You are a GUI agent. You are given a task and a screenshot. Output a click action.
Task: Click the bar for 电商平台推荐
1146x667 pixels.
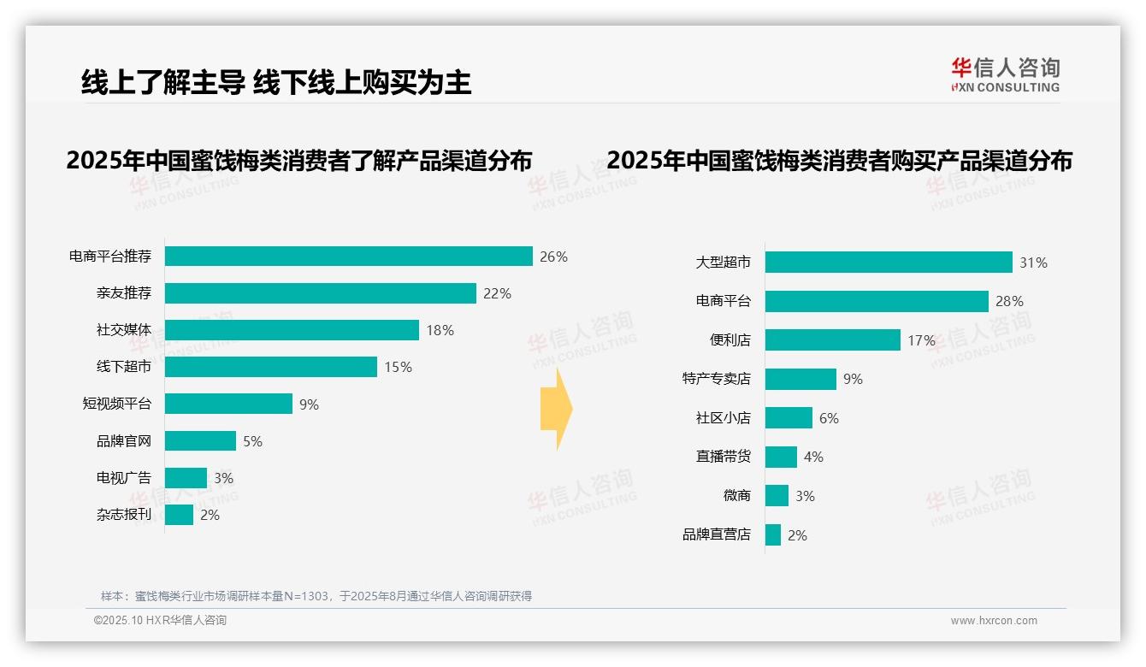pyautogui.click(x=349, y=257)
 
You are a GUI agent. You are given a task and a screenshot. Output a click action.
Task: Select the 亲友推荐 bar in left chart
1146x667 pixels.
pyautogui.click(x=320, y=293)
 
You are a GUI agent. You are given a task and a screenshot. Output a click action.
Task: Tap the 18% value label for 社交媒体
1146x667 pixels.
pyautogui.click(x=440, y=330)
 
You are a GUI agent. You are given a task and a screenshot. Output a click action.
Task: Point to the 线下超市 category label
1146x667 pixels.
pyautogui.click(x=123, y=367)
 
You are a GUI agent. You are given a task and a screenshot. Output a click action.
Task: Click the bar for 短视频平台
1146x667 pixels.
pyautogui.click(x=228, y=404)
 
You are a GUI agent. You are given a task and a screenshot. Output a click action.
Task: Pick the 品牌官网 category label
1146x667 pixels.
pyautogui.click(x=123, y=441)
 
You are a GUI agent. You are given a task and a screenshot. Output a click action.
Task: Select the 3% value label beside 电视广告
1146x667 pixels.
pyautogui.click(x=223, y=478)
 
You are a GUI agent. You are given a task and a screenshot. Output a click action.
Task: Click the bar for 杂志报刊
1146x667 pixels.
pyautogui.click(x=179, y=515)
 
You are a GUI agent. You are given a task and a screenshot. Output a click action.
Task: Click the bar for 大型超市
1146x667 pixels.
pyautogui.click(x=889, y=263)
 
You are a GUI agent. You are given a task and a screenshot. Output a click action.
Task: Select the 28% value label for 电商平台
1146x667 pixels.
pyautogui.click(x=1009, y=301)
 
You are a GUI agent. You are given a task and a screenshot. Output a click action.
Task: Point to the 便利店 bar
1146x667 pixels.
pyautogui.click(x=832, y=340)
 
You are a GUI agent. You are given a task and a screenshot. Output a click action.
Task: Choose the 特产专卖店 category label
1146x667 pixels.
pyautogui.click(x=716, y=379)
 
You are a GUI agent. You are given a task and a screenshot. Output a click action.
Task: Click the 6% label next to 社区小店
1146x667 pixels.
pyautogui.click(x=829, y=418)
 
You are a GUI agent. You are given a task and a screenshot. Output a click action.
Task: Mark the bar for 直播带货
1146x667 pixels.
pyautogui.click(x=781, y=457)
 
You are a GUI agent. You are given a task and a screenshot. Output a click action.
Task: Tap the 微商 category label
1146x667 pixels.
pyautogui.click(x=736, y=496)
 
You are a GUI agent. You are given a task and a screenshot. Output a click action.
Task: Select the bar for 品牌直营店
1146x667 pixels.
pyautogui.click(x=773, y=535)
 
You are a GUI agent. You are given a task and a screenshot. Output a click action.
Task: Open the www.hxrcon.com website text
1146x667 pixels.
pyautogui.click(x=993, y=621)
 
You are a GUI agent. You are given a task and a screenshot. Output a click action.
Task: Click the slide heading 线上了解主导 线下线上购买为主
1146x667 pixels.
pyautogui.click(x=275, y=82)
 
